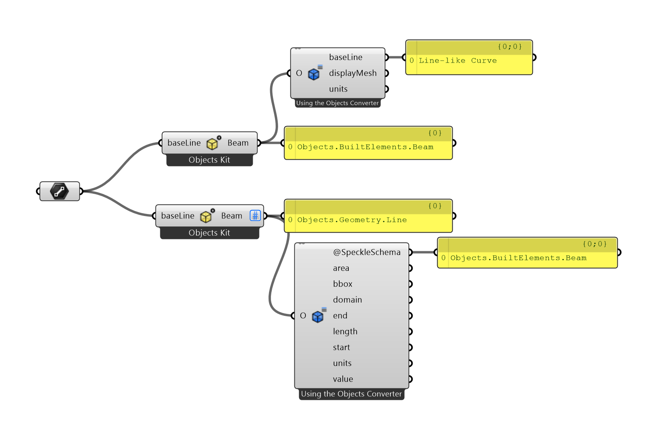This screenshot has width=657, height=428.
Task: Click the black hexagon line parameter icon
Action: tap(60, 191)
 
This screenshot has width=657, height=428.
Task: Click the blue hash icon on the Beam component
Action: tap(255, 216)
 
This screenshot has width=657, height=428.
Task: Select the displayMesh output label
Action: tap(353, 73)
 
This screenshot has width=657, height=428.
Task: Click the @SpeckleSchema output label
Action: tap(367, 252)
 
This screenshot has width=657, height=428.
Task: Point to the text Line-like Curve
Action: tap(457, 61)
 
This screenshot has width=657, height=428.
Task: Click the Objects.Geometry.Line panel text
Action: tap(352, 220)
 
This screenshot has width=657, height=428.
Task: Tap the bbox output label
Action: tap(342, 284)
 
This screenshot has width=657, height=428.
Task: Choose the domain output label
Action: tap(347, 300)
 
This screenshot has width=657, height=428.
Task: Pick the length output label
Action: tap(345, 331)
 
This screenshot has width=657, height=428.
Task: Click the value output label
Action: tap(343, 379)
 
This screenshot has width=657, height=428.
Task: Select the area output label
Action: tap(341, 268)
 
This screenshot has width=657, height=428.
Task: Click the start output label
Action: tap(342, 347)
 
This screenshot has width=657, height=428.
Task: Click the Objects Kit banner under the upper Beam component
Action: tap(209, 160)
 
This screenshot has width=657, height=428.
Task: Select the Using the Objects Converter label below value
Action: tap(352, 394)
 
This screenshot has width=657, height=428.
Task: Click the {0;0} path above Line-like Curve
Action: tap(510, 47)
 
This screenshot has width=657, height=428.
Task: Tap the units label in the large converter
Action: tap(342, 363)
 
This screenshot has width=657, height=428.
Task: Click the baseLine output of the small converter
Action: tap(346, 57)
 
